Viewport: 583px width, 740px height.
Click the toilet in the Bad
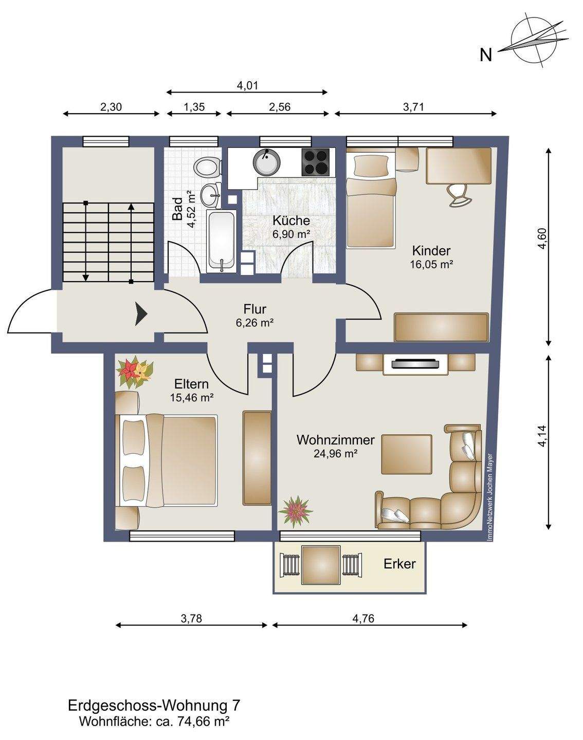[206, 168]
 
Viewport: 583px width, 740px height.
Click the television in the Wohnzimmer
[416, 364]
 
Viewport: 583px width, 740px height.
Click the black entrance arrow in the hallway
[140, 313]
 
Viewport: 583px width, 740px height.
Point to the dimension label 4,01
[247, 85]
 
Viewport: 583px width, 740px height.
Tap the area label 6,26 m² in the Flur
[254, 323]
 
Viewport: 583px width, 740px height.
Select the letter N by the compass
[486, 55]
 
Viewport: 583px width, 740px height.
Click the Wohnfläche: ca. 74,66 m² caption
[154, 721]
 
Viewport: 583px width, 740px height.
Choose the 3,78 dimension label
[191, 618]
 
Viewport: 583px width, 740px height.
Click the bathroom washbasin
[211, 195]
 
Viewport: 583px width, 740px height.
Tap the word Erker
[399, 564]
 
